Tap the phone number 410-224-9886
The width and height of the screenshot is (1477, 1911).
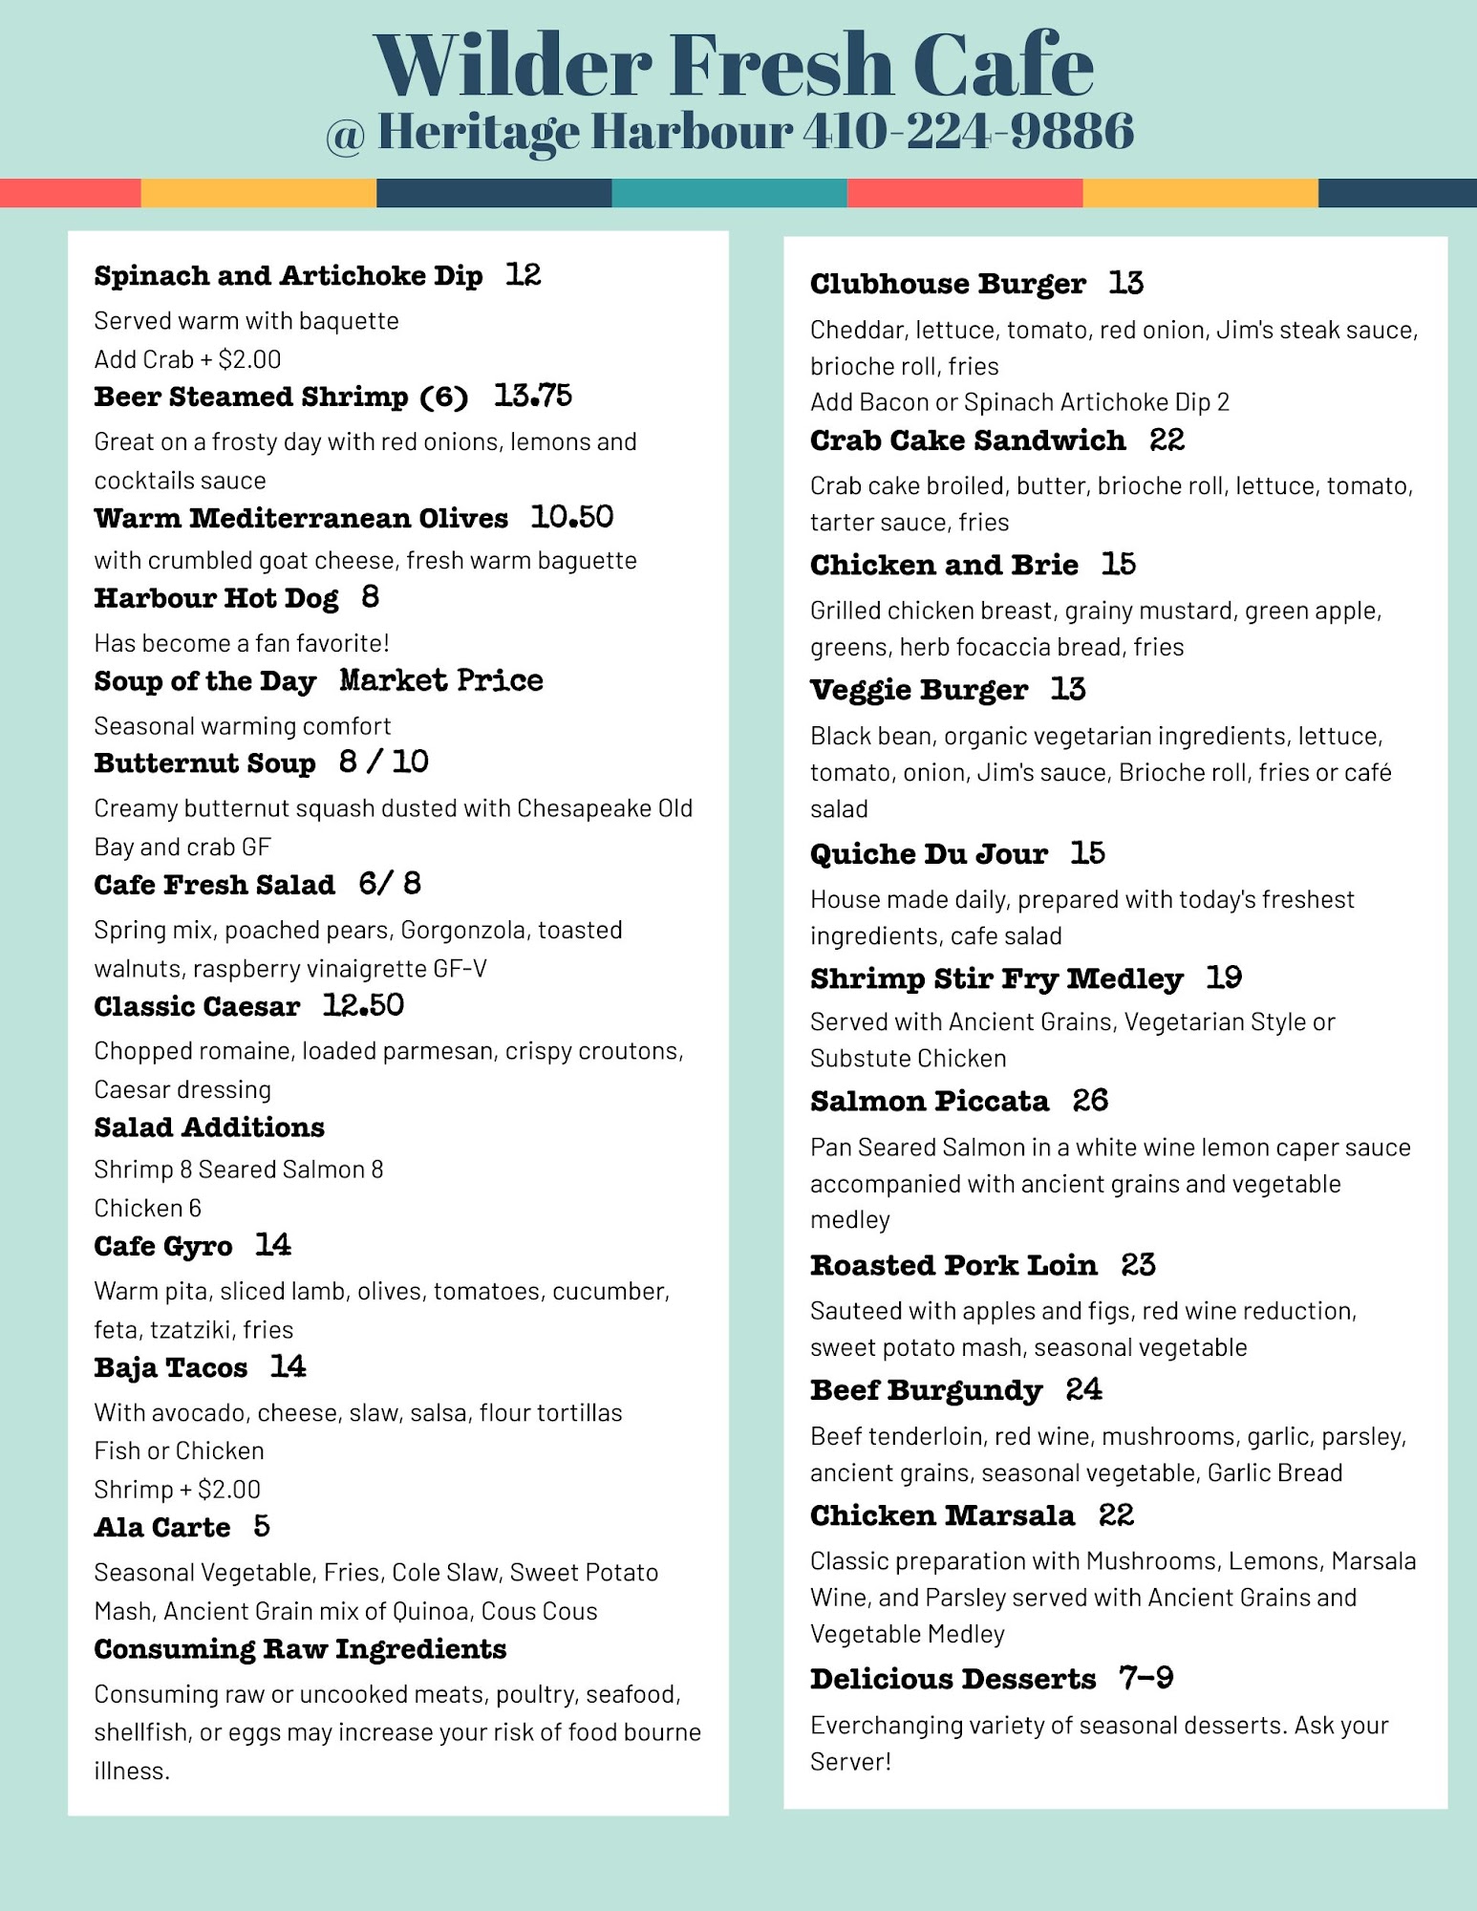pyautogui.click(x=968, y=131)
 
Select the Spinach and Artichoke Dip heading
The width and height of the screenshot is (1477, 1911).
pyautogui.click(x=288, y=276)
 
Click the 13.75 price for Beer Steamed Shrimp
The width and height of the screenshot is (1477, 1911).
pyautogui.click(x=532, y=396)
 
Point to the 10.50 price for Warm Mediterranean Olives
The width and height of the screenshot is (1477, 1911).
pyautogui.click(x=571, y=517)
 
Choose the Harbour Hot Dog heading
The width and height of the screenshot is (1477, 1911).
pyautogui.click(x=216, y=598)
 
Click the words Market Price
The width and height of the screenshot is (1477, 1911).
pyautogui.click(x=441, y=680)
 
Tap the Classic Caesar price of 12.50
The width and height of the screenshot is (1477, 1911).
pyautogui.click(x=363, y=1005)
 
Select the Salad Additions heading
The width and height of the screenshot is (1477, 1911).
pyautogui.click(x=209, y=1127)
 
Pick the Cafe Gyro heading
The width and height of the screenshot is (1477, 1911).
pyautogui.click(x=163, y=1246)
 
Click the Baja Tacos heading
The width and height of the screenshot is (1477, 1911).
pyautogui.click(x=171, y=1367)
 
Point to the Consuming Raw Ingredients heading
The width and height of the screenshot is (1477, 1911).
pyautogui.click(x=300, y=1649)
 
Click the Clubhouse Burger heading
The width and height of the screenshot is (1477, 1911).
pyautogui.click(x=948, y=284)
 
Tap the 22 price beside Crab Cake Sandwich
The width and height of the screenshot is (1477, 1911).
pyautogui.click(x=1167, y=440)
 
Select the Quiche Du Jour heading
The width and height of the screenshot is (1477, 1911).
pyautogui.click(x=929, y=853)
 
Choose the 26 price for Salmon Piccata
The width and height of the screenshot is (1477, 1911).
pyautogui.click(x=1090, y=1101)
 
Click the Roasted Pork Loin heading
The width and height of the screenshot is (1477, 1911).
pyautogui.click(x=953, y=1265)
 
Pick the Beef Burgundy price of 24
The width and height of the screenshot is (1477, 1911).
pyautogui.click(x=1083, y=1389)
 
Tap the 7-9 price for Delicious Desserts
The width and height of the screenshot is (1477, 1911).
pyautogui.click(x=1145, y=1678)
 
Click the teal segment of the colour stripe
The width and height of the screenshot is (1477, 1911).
pyautogui.click(x=729, y=193)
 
